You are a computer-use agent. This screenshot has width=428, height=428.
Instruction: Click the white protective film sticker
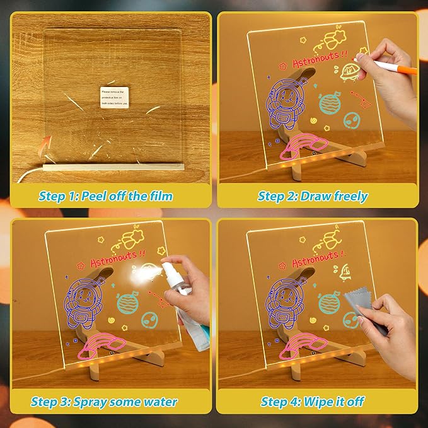[x=115, y=96]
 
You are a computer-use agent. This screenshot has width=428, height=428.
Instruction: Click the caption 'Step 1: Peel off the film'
[x=105, y=196]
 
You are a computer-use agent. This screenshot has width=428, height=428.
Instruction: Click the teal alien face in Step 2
[x=352, y=119]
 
